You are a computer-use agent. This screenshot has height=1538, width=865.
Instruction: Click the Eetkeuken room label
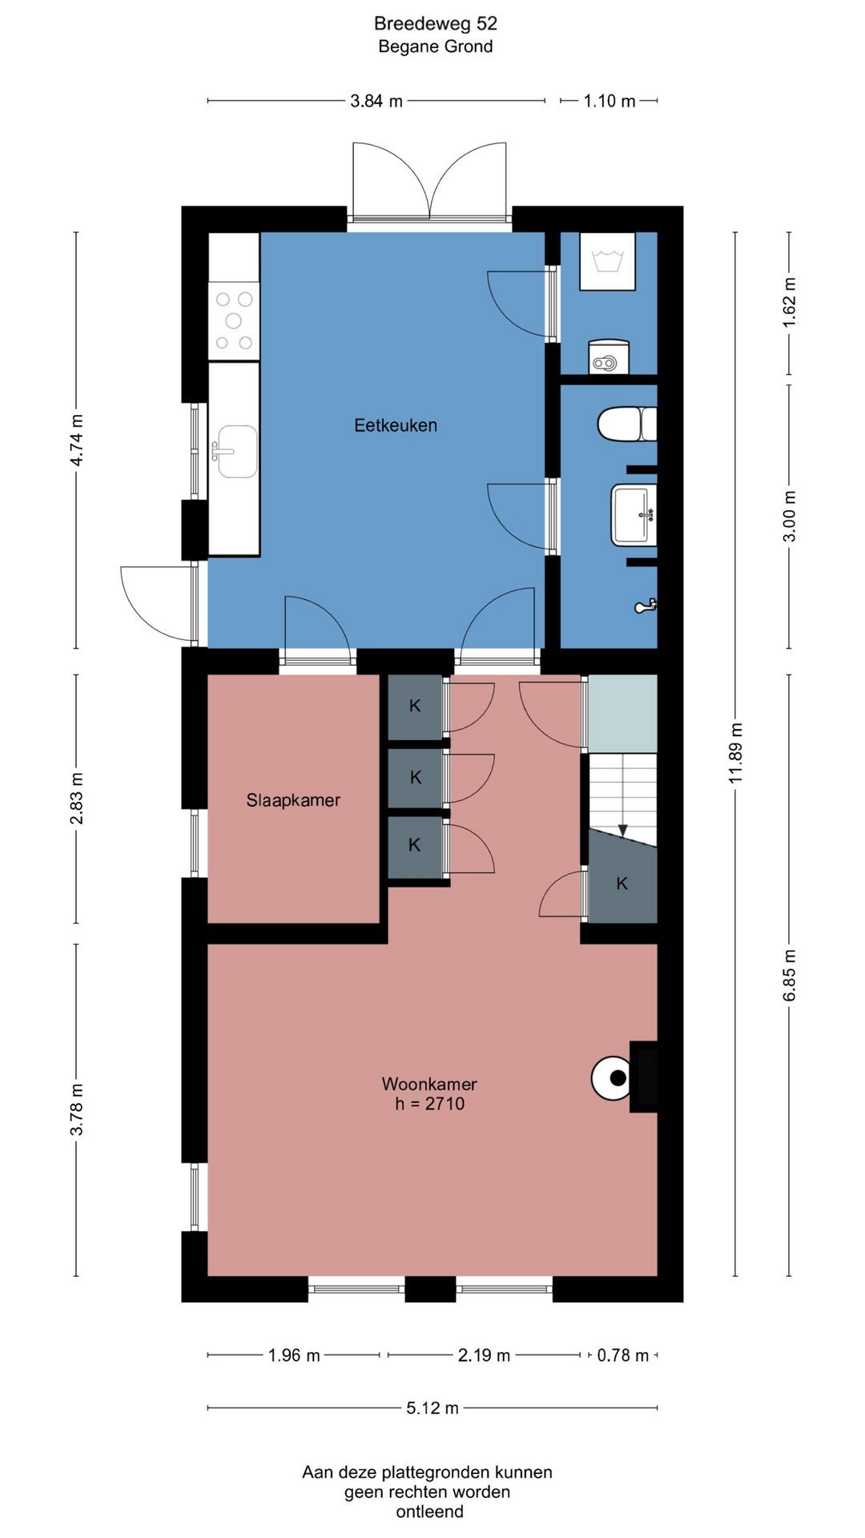tap(396, 425)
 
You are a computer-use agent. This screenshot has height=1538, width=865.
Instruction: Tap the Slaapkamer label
tap(293, 800)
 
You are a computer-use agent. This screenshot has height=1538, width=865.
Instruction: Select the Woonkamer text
tap(429, 1084)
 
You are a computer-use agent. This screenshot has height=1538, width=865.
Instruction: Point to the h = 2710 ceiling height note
tap(430, 1104)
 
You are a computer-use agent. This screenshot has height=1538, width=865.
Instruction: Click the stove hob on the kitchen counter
tap(234, 320)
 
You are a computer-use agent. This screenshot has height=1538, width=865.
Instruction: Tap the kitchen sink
tap(233, 452)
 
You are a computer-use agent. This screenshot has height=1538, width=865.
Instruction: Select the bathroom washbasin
tap(634, 514)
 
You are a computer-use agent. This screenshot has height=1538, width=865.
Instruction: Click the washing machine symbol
tap(607, 261)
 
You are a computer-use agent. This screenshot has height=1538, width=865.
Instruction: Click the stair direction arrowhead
tap(623, 830)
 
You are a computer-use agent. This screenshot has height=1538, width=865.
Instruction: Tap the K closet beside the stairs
tap(622, 884)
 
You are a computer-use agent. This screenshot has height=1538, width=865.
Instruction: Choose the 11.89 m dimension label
tap(736, 753)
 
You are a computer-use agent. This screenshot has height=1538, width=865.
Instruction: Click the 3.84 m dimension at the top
tap(376, 101)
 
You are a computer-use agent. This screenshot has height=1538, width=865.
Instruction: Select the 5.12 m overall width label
tap(432, 1408)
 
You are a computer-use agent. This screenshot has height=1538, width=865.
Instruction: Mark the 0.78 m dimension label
tap(623, 1355)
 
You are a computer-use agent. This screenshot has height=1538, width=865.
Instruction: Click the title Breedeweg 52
tap(436, 24)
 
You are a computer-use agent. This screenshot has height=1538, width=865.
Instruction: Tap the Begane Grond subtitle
tap(436, 46)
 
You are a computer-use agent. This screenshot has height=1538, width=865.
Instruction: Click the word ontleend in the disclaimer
tap(430, 1512)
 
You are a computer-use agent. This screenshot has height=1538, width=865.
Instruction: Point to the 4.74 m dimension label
tap(76, 441)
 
